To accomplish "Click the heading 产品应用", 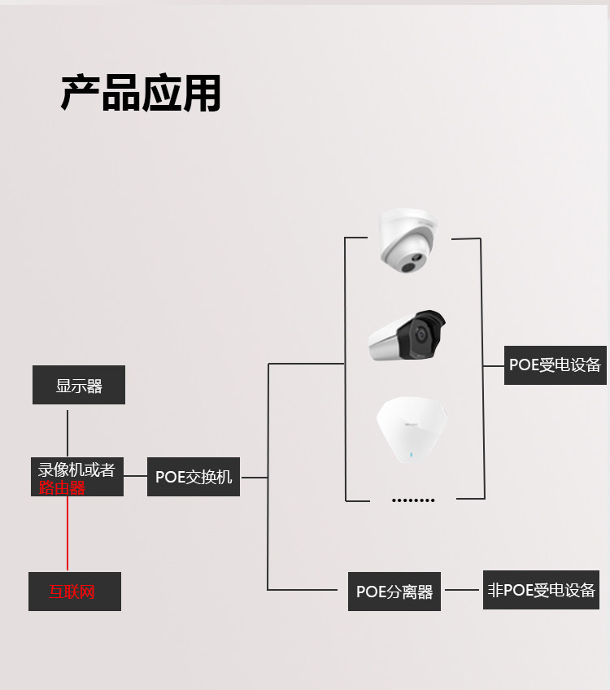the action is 141,93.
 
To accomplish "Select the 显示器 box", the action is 79,385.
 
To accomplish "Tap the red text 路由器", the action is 62,488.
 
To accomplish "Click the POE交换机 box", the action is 194,477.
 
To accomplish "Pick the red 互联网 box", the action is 75,592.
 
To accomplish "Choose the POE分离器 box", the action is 394,592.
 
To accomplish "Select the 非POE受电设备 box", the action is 541,590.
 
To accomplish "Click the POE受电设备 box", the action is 555,365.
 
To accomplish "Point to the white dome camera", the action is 409,240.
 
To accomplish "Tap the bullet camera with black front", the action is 407,335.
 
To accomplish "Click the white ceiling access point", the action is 412,430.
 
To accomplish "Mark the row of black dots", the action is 413,500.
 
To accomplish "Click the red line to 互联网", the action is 68,533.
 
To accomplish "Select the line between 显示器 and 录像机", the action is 68,434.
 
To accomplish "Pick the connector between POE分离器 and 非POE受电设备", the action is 462,590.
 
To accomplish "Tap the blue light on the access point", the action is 412,455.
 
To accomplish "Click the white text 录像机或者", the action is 76,469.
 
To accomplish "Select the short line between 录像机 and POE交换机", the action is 135,476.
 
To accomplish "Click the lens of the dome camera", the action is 409,266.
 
